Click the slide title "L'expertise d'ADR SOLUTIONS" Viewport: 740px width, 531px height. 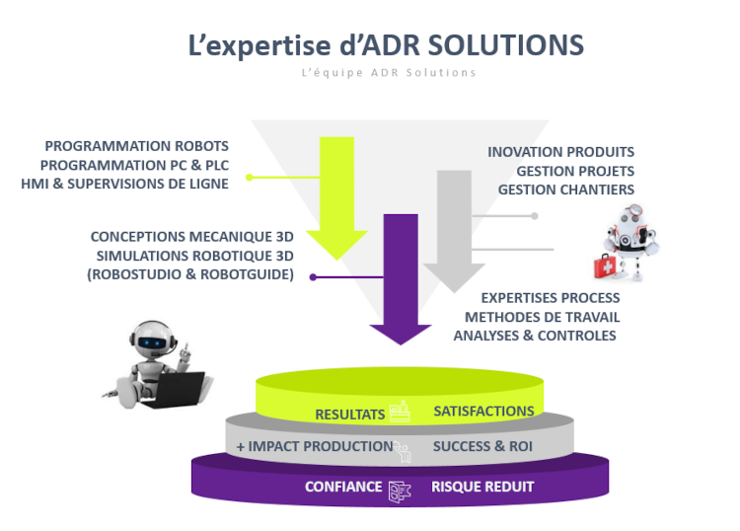click(386, 45)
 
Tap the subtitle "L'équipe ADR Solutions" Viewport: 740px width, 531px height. click(389, 73)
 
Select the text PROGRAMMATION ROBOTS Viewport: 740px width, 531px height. click(136, 145)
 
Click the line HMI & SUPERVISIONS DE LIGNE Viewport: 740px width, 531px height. click(124, 184)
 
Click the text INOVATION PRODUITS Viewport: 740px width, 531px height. click(560, 152)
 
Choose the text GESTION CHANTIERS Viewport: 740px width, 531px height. click(565, 190)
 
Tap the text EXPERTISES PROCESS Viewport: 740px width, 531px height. click(550, 298)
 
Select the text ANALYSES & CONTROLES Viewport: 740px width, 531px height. click(535, 336)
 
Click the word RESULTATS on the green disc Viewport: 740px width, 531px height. click(348, 414)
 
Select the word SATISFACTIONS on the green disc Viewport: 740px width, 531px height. click(483, 411)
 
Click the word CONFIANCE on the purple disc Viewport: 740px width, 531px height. click(342, 488)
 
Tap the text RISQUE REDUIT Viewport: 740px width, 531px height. click(482, 487)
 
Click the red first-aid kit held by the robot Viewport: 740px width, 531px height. click(603, 265)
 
